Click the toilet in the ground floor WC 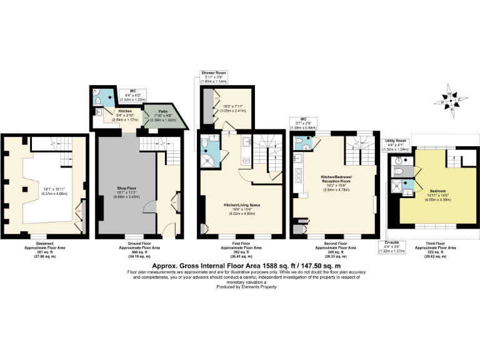[x=100, y=101]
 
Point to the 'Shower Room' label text [x=213, y=73]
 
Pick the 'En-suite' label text [x=392, y=241]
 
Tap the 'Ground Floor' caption [x=140, y=244]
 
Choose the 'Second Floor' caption [x=334, y=244]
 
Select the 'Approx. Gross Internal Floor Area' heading [x=240, y=265]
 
